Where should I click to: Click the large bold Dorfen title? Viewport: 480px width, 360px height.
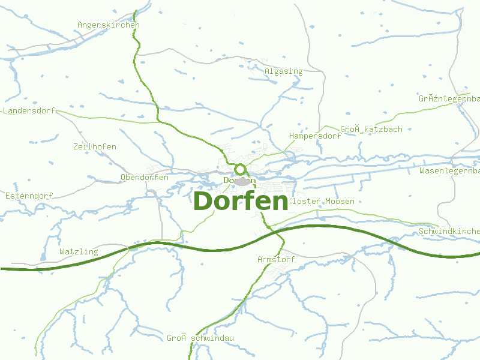point(241,201)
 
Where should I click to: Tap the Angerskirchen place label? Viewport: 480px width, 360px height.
point(109,25)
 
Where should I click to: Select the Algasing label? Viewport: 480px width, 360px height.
point(284,71)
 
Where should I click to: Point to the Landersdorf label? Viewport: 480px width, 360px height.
point(29,111)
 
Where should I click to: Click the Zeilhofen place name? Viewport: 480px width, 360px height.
point(95,147)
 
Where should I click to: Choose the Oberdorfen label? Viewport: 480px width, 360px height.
point(145,178)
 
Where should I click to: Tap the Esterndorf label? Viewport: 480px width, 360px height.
point(29,196)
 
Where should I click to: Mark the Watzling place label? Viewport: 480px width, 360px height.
point(79,252)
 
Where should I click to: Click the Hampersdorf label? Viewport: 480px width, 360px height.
point(315,136)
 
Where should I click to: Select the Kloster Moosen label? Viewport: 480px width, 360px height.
point(322,202)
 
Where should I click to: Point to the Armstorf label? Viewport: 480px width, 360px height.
point(277,260)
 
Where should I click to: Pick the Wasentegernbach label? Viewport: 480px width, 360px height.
point(449,171)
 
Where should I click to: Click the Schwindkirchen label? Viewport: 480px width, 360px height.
point(449,232)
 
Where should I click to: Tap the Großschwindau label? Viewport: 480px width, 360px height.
point(200,338)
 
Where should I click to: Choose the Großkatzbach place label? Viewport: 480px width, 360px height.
point(371,130)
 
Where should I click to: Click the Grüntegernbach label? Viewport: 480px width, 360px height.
point(449,98)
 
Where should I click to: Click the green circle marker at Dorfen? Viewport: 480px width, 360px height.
point(241,170)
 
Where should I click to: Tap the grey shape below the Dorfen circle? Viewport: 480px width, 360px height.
point(242,181)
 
